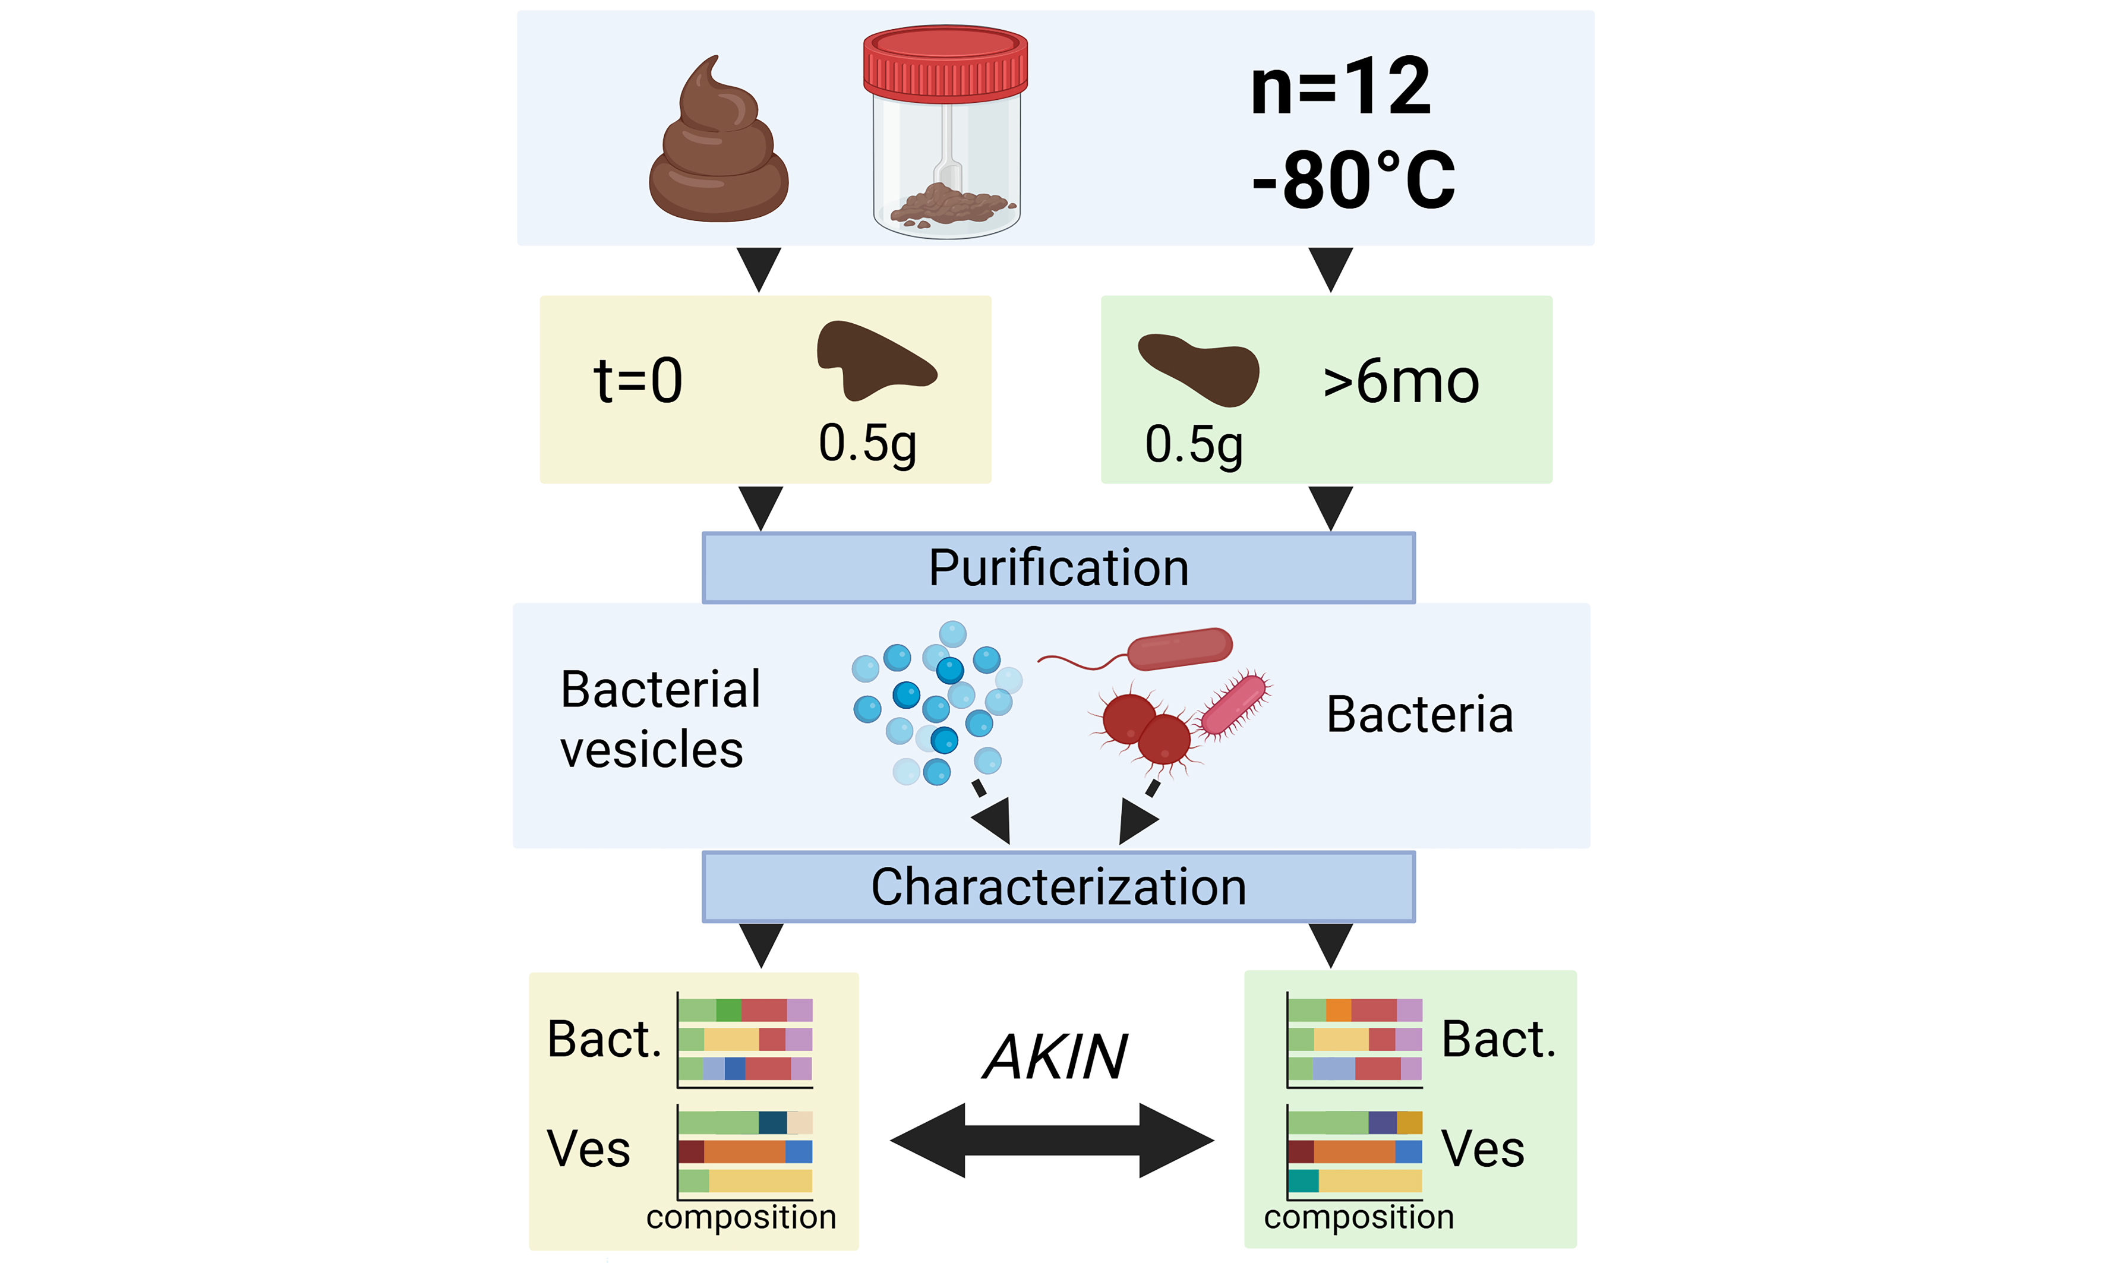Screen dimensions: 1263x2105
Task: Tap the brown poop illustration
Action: pyautogui.click(x=718, y=149)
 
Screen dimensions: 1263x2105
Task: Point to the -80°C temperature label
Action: pyautogui.click(x=1353, y=179)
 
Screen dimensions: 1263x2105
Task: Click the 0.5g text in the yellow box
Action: pyautogui.click(x=867, y=443)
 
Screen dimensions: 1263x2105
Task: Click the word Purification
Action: pyautogui.click(x=1058, y=568)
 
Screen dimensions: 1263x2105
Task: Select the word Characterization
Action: pyautogui.click(x=1058, y=887)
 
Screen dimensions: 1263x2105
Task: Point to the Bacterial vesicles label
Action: pyautogui.click(x=659, y=719)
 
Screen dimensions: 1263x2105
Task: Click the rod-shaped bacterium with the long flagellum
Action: pyautogui.click(x=1179, y=649)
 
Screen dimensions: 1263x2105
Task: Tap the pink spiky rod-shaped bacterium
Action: pyautogui.click(x=1233, y=704)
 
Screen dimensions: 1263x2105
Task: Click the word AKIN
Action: pyautogui.click(x=1056, y=1056)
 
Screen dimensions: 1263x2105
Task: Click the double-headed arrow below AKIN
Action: pyautogui.click(x=1052, y=1141)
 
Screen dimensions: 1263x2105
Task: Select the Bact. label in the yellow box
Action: pyautogui.click(x=604, y=1039)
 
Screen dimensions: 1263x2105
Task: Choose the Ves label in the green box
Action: pyautogui.click(x=1482, y=1148)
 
